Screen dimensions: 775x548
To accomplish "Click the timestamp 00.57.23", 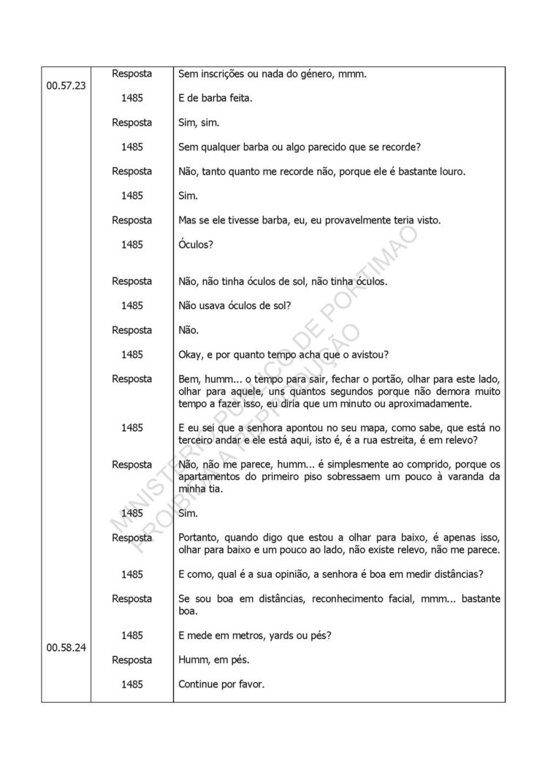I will pos(66,85).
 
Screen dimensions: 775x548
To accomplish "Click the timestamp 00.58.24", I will pos(66,647).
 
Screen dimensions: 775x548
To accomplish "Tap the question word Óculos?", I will pos(196,244).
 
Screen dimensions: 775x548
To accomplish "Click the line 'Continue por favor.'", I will pos(223,684).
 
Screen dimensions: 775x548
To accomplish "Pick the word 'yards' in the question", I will pos(283,635).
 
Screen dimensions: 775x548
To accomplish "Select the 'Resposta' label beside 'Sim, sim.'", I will pos(132,122).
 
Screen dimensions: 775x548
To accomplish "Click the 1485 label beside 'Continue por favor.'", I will pos(132,684).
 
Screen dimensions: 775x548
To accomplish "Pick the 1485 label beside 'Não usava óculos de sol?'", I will pos(132,305).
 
